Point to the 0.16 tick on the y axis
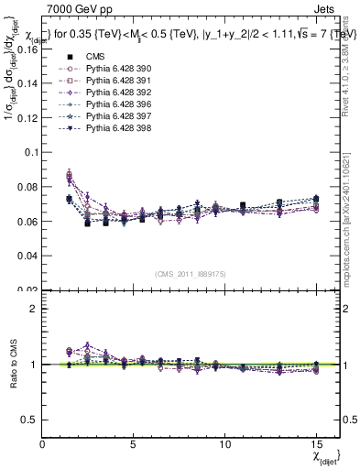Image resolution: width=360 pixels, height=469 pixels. [27, 49]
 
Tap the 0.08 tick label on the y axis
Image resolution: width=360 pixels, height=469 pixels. [27, 188]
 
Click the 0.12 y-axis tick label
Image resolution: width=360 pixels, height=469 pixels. [27, 118]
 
